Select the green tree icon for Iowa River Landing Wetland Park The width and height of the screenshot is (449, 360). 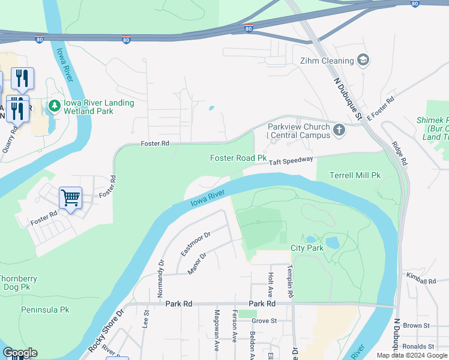click(55, 106)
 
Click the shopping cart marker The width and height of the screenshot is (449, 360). click(70, 197)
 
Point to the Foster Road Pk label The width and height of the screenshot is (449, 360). click(238, 158)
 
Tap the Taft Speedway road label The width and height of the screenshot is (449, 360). click(291, 160)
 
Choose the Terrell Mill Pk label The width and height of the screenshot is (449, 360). click(355, 176)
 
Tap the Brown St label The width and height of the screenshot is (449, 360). click(417, 325)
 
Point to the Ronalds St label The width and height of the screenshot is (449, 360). click(418, 346)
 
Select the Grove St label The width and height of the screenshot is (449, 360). click(264, 321)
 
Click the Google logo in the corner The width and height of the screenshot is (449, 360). click(20, 353)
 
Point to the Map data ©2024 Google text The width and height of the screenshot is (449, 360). click(412, 355)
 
